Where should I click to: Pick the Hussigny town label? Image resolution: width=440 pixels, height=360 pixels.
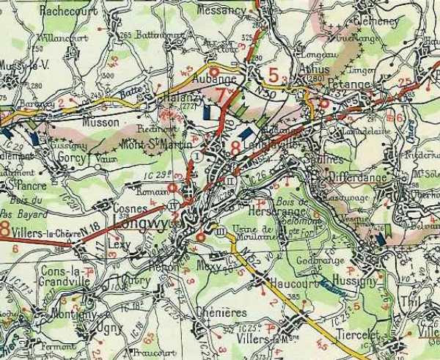point(359,279)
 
